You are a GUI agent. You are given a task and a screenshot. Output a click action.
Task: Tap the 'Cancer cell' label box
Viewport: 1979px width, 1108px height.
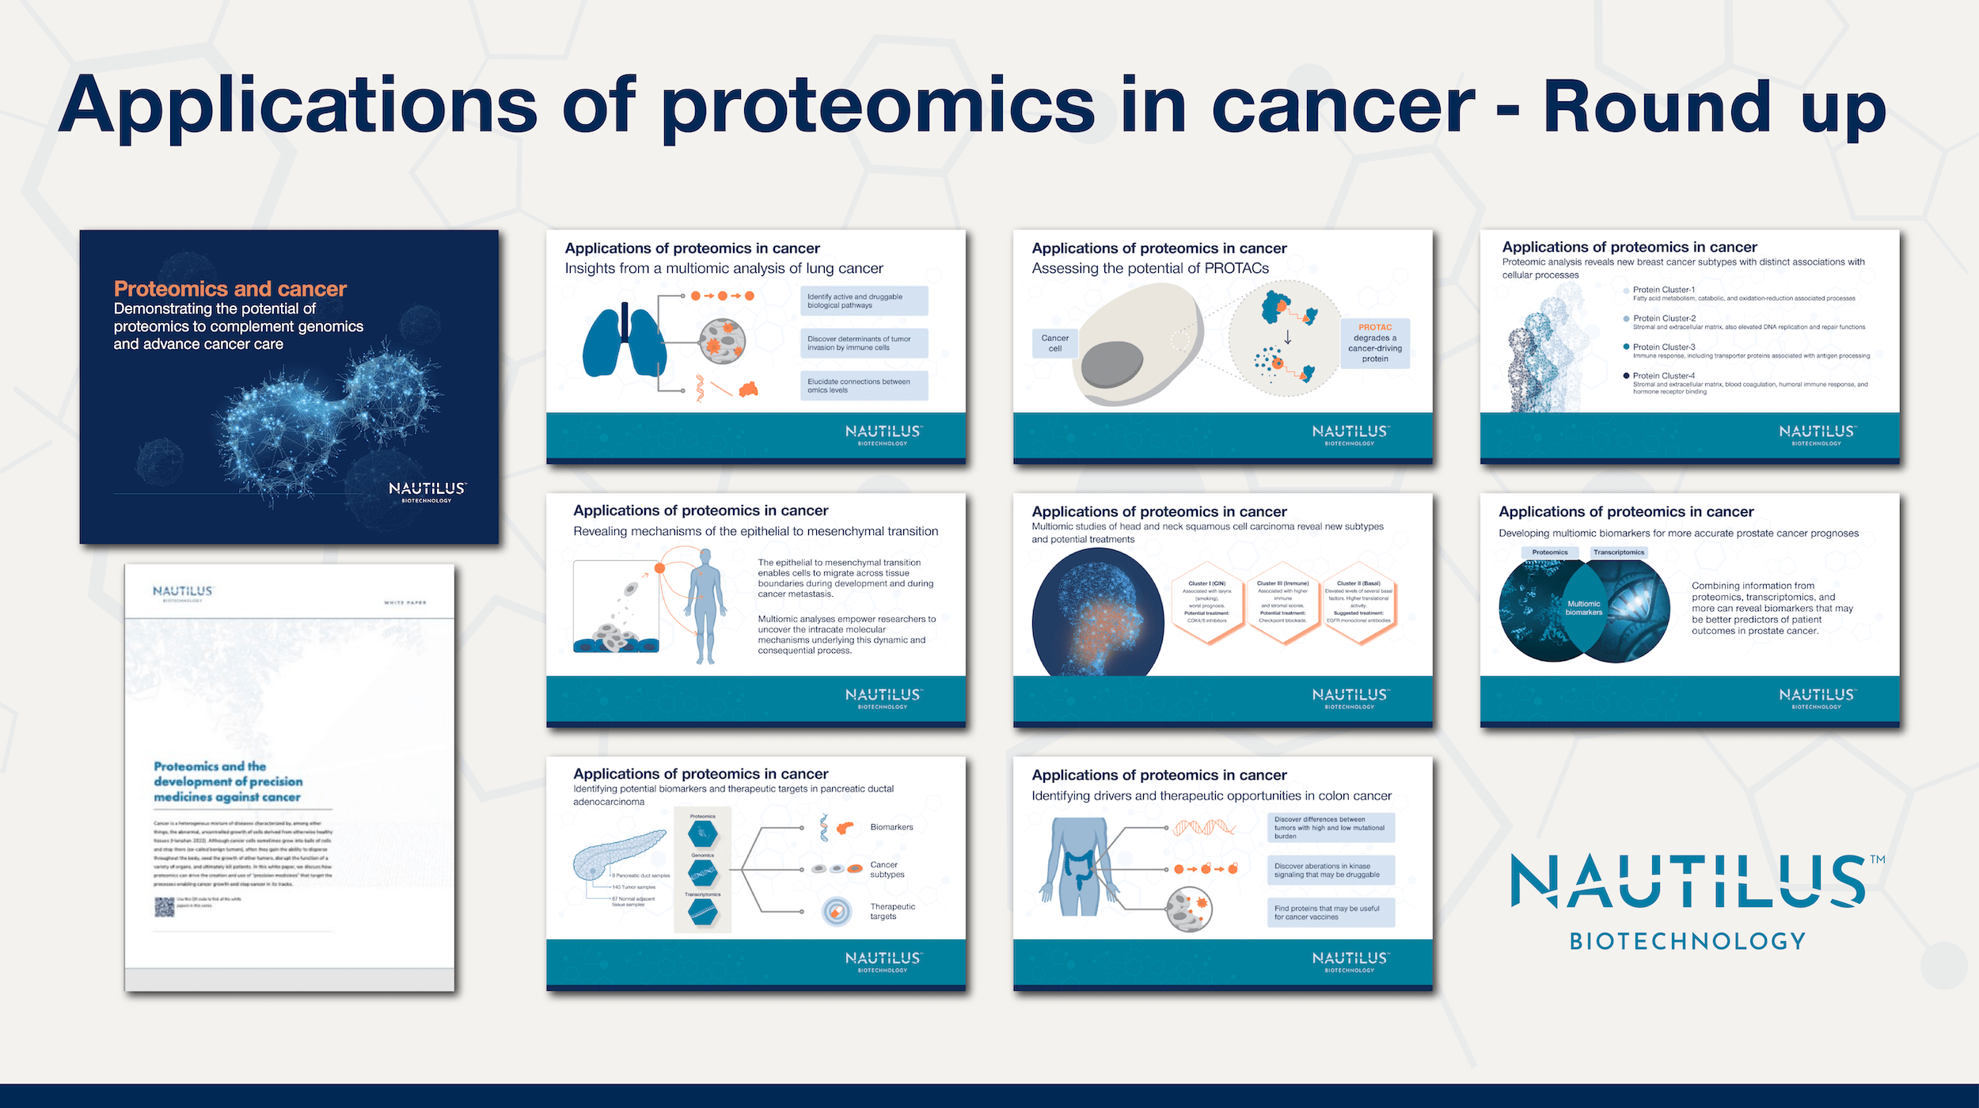tap(1054, 343)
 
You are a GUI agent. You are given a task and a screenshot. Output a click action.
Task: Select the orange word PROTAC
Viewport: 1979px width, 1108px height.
tap(1375, 327)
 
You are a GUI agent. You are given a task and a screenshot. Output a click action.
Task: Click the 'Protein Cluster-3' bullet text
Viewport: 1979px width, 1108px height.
tap(1664, 347)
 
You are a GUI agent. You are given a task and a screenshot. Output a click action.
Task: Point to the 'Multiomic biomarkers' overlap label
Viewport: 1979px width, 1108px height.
tap(1583, 608)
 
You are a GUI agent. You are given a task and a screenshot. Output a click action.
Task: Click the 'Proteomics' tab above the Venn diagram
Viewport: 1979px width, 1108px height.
tap(1549, 552)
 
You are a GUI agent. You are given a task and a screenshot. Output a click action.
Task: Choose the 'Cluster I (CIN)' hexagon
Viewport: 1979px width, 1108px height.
tap(1207, 603)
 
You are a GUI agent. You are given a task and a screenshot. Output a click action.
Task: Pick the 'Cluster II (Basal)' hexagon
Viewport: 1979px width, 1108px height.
tap(1358, 603)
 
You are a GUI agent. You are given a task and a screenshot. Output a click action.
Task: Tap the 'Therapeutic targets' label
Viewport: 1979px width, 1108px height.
tap(892, 912)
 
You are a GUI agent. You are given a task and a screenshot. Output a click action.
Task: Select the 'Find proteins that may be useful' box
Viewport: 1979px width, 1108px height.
tap(1330, 913)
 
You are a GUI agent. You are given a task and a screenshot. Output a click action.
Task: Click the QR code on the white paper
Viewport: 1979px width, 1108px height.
tap(164, 907)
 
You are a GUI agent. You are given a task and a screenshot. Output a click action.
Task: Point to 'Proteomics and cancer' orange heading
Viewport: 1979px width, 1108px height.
tap(230, 289)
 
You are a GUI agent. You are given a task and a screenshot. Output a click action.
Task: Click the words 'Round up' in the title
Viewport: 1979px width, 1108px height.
tap(1714, 107)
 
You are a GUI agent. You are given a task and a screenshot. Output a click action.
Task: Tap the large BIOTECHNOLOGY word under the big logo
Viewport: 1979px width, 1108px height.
tap(1688, 941)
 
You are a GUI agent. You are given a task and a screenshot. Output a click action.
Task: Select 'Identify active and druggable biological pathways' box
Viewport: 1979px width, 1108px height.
tap(863, 301)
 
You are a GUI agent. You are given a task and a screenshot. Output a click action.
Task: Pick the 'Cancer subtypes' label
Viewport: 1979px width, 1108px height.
tap(887, 869)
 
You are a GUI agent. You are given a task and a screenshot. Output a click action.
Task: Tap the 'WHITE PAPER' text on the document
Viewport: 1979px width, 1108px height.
tap(405, 603)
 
